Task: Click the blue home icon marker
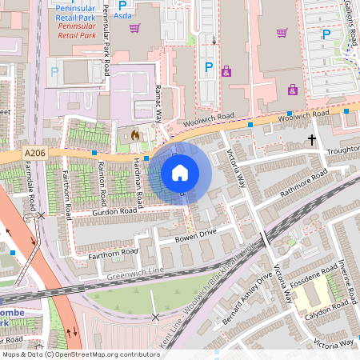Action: pyautogui.click(x=180, y=172)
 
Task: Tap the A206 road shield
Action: pyautogui.click(x=35, y=153)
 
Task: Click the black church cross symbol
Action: pyautogui.click(x=311, y=140)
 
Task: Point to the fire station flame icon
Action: pyautogui.click(x=135, y=136)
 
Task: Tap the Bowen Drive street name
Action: pyautogui.click(x=196, y=235)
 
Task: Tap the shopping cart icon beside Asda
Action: pyautogui.click(x=135, y=28)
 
